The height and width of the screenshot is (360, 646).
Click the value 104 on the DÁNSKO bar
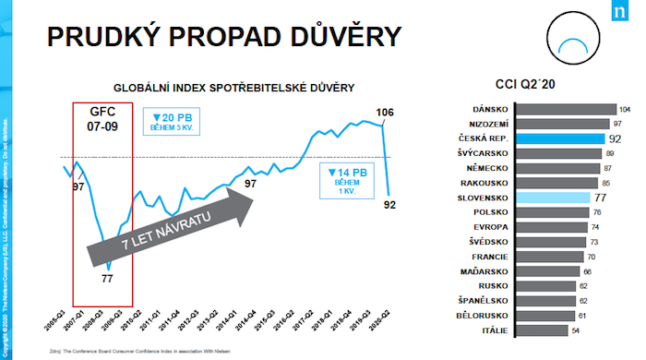click(625, 109)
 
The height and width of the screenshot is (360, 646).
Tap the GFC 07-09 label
click(103, 115)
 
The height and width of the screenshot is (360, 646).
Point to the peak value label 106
click(387, 114)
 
